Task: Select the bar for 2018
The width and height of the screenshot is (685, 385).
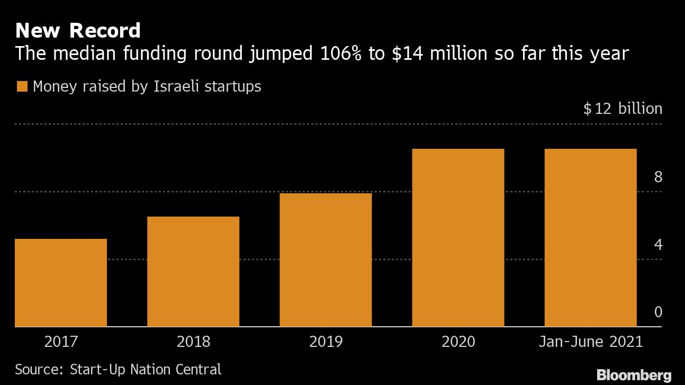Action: click(193, 271)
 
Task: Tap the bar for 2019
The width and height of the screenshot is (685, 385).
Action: click(326, 259)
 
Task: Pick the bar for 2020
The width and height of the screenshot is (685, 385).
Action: click(458, 237)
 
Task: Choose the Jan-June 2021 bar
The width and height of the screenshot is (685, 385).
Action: click(590, 237)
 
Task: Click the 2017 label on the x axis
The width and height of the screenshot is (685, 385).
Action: click(61, 342)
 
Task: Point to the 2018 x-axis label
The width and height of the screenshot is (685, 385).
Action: click(193, 342)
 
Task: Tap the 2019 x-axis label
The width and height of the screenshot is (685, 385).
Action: click(326, 342)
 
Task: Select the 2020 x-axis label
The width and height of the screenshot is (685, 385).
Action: click(458, 342)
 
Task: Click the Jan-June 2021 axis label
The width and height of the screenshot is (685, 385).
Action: click(590, 342)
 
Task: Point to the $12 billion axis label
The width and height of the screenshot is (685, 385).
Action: click(623, 109)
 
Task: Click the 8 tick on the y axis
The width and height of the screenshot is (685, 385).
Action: click(658, 177)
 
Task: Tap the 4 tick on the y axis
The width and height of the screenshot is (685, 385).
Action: click(658, 245)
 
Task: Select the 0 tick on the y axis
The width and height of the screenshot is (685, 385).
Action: click(658, 312)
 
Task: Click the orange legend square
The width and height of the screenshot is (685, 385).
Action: click(22, 87)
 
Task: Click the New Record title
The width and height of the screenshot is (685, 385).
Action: click(78, 31)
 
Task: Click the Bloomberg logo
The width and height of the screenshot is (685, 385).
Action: click(634, 375)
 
